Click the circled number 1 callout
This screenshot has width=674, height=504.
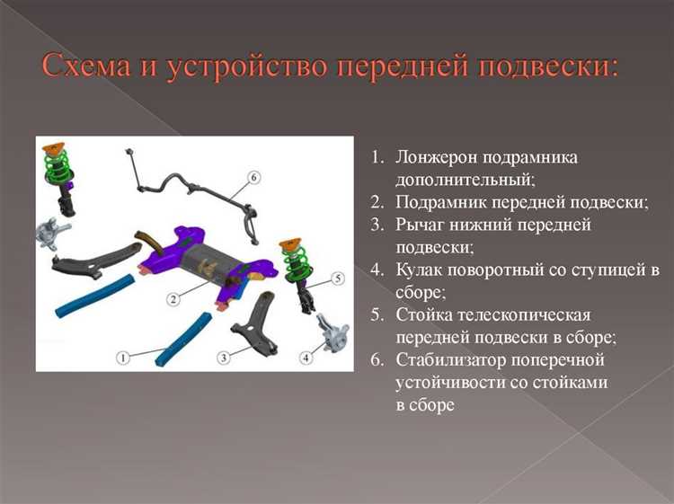point(123,358)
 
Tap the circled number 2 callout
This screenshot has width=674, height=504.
point(173,298)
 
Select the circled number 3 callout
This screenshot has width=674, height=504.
point(224,358)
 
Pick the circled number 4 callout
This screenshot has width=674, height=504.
point(306,358)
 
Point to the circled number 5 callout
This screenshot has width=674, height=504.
point(338,279)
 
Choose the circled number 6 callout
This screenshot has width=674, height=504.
point(254,178)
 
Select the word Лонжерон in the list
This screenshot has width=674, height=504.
point(436,158)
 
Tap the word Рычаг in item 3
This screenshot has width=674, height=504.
point(419,225)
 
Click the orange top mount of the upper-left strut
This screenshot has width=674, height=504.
point(54,148)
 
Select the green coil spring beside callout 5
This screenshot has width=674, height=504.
point(294,264)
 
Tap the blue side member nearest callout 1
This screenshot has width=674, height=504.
point(182,340)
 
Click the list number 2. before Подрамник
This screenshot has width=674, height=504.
point(377,203)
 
